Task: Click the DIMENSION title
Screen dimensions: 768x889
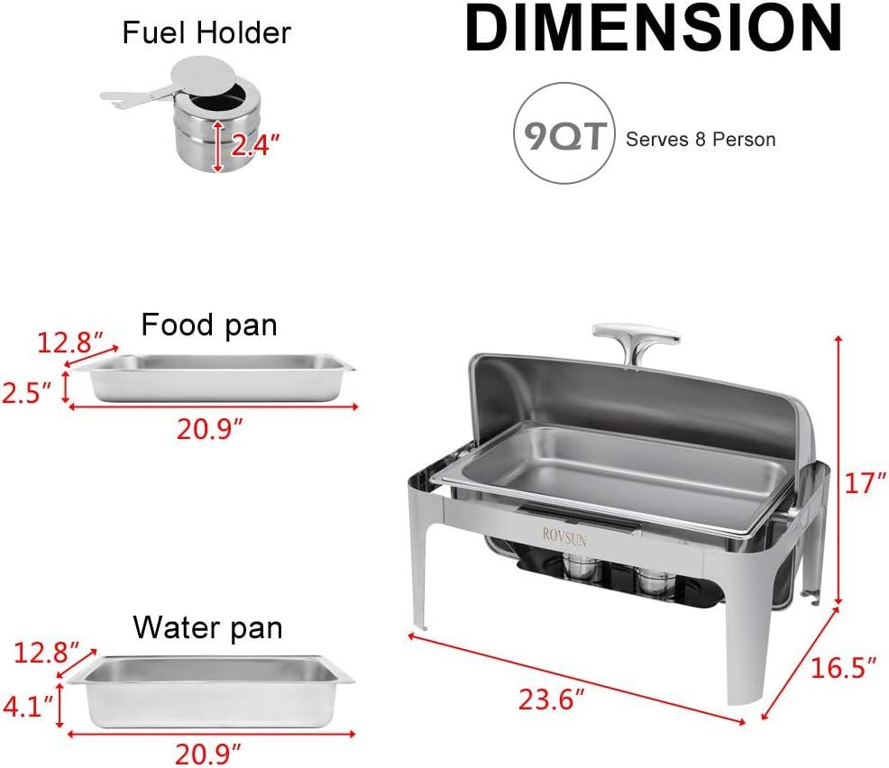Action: click(653, 30)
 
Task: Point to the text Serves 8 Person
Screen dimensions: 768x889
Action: click(701, 140)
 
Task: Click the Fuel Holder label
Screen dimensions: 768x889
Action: click(206, 33)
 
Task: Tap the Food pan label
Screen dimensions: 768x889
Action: click(208, 325)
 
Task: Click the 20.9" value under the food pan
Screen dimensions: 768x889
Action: click(211, 431)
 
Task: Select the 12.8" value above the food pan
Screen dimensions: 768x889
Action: click(66, 342)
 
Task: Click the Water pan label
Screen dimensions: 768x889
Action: click(207, 626)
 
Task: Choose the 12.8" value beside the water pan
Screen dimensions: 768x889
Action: click(44, 651)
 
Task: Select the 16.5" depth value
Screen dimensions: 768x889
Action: click(844, 668)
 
